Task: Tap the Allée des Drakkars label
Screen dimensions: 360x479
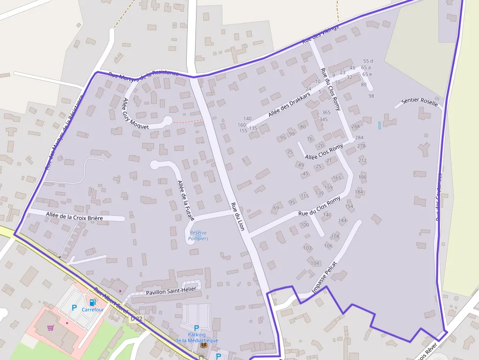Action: tap(289, 105)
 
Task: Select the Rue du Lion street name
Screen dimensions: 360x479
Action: tap(237, 217)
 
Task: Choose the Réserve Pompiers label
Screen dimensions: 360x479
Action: tap(198, 235)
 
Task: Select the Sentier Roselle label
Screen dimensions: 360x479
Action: tap(419, 102)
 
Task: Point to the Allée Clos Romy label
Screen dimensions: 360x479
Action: tap(324, 152)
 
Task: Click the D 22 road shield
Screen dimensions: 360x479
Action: tap(136, 319)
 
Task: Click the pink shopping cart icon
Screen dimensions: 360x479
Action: tap(50, 328)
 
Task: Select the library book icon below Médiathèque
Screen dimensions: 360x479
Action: tap(203, 345)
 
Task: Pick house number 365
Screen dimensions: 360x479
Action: tap(326, 112)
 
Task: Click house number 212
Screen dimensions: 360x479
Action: tap(362, 160)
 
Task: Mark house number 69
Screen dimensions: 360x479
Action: tap(276, 208)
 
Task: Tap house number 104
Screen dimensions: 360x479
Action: tap(315, 263)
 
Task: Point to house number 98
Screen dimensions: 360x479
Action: tap(371, 96)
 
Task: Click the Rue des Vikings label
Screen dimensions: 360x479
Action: tap(320, 35)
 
